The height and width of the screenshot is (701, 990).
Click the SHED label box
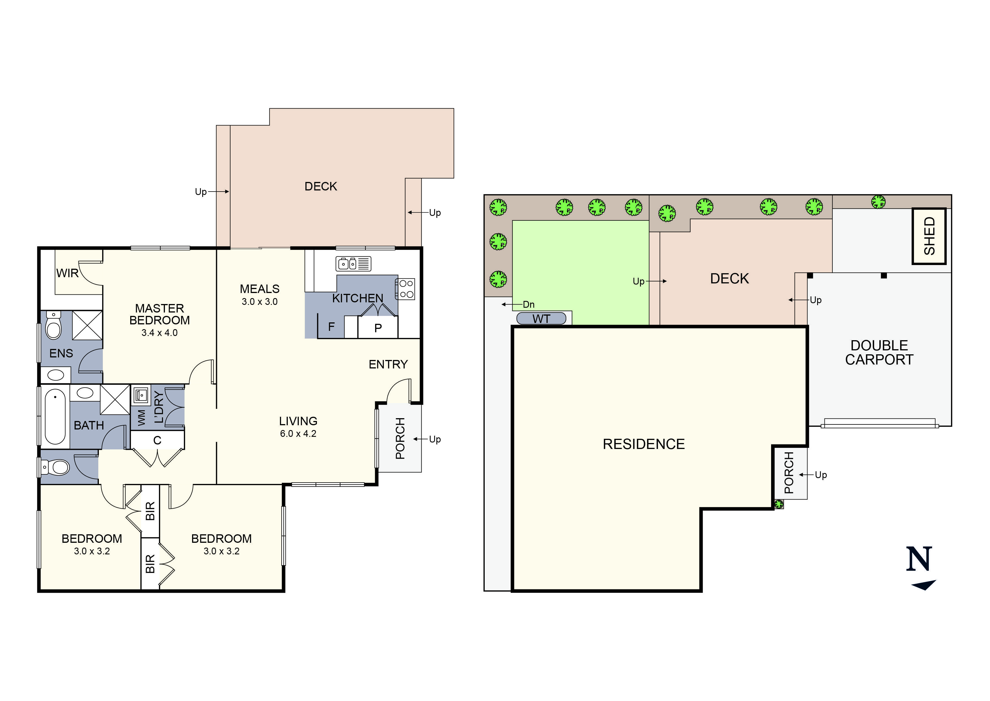[x=929, y=236]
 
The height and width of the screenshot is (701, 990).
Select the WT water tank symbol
[x=541, y=318]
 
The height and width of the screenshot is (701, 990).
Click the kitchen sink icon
[x=353, y=263]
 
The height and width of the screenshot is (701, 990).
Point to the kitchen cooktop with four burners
[x=405, y=289]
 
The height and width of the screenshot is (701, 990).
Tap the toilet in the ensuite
[x=53, y=326]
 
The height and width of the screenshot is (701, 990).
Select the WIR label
[x=67, y=273]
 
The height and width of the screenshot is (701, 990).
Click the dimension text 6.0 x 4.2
[x=298, y=433]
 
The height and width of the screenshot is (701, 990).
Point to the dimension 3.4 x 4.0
[x=159, y=333]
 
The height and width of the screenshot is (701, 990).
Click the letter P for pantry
[x=378, y=328]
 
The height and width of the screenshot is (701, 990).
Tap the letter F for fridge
[x=331, y=327]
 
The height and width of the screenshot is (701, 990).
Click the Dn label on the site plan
[x=529, y=304]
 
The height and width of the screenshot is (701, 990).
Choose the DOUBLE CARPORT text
[x=879, y=352]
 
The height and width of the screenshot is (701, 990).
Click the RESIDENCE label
[x=643, y=444]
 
